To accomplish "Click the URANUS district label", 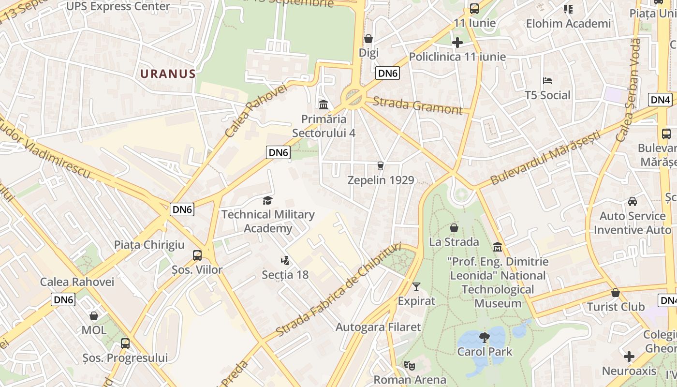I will click(x=168, y=74).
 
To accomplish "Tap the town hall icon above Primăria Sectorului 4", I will click(x=324, y=104).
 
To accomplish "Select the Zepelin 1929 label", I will click(x=381, y=180).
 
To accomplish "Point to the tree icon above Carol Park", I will click(x=484, y=337).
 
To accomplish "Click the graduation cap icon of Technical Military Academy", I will click(x=267, y=200).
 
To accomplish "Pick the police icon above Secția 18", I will click(x=285, y=261).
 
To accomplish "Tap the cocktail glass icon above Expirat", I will click(x=416, y=287).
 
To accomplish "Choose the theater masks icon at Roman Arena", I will click(x=410, y=366).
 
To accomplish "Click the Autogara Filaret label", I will click(x=378, y=327).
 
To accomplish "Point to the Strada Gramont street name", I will click(x=417, y=105).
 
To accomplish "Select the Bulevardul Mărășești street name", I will click(x=545, y=157).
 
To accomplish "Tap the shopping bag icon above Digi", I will click(x=368, y=39).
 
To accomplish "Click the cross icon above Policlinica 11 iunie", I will click(x=457, y=43).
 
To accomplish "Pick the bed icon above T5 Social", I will click(x=547, y=81).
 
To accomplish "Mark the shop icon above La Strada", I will click(x=454, y=227).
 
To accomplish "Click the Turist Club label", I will click(x=616, y=307).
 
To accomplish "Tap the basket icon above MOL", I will click(x=94, y=316).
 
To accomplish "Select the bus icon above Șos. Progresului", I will click(x=125, y=343).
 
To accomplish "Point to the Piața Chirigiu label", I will click(x=149, y=245).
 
